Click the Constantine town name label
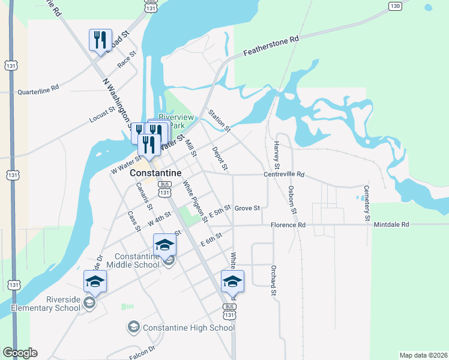point(155,172)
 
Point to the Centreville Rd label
point(284,175)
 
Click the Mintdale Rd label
point(391,224)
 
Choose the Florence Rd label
point(288,225)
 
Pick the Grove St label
point(247,208)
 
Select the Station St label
point(219,120)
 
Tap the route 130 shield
point(394,6)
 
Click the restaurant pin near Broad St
point(99,40)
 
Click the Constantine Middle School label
point(133,260)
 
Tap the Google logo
point(20,353)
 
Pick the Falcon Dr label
point(142,348)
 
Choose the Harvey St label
point(277,154)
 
